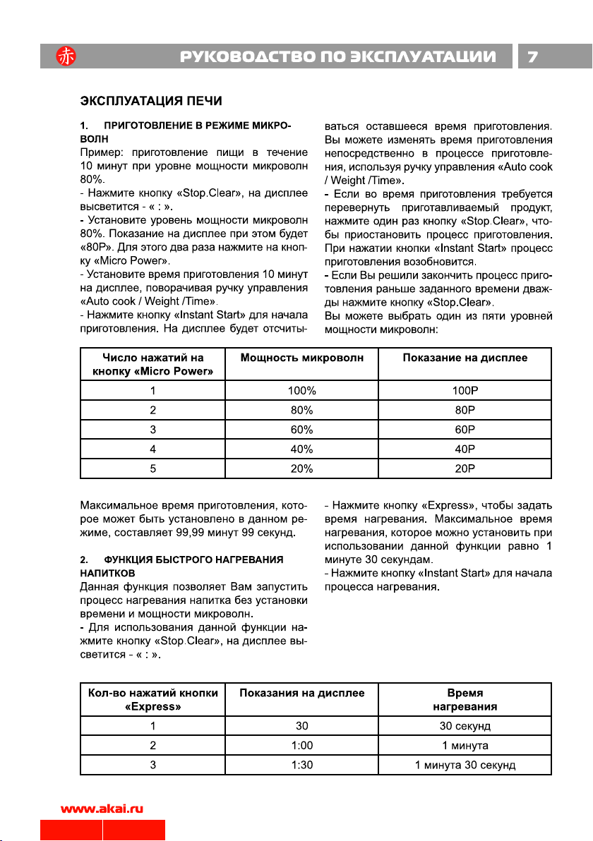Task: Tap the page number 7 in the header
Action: [534, 56]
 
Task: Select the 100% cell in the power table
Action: [302, 390]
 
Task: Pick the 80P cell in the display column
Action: [465, 409]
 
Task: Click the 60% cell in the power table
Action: [302, 429]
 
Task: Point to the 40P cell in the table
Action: [465, 448]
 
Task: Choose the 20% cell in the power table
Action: [302, 468]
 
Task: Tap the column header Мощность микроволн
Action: [302, 358]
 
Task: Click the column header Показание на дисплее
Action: [465, 358]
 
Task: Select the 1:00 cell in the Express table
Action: [302, 746]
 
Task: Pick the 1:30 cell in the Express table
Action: [302, 766]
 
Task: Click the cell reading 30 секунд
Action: [465, 726]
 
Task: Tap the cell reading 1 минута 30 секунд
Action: [465, 766]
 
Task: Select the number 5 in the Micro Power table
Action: [153, 468]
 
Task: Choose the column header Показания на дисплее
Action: [302, 694]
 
